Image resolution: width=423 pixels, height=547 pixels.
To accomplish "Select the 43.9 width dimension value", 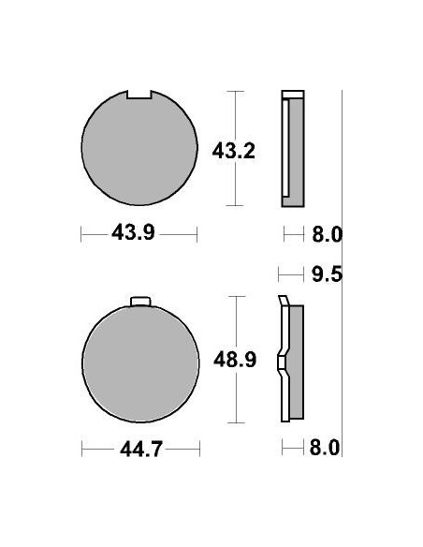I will click(133, 234).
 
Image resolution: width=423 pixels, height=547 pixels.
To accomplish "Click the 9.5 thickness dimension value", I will click(325, 274).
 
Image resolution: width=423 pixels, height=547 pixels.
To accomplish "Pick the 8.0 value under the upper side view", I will click(325, 234).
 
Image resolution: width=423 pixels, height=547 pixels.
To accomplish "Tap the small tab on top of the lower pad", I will click(139, 301).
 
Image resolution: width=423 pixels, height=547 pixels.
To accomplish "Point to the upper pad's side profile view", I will click(292, 150).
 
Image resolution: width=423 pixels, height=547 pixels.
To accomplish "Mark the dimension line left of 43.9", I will click(95, 234).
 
